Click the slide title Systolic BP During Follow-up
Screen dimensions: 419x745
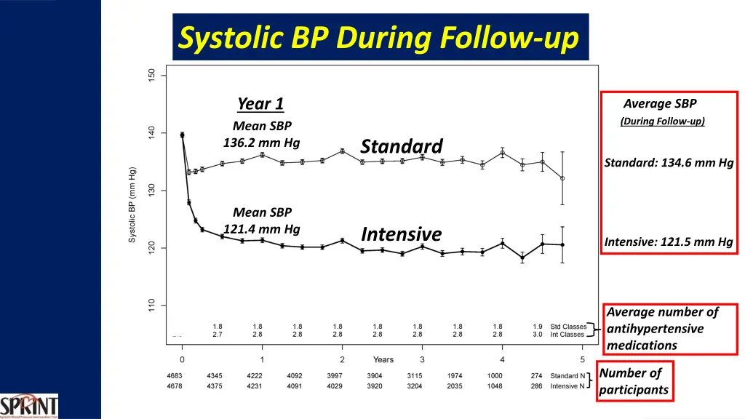coord(380,37)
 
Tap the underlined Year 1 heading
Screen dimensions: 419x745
coord(260,104)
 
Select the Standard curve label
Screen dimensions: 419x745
coord(402,146)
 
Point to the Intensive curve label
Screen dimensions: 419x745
coord(402,234)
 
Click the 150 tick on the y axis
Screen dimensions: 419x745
coord(151,75)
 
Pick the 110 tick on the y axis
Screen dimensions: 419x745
coord(151,306)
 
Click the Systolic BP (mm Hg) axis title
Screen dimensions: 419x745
coord(132,206)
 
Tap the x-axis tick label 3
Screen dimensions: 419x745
coord(422,359)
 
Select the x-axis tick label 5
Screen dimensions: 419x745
coord(582,359)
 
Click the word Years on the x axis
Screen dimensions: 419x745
coord(383,359)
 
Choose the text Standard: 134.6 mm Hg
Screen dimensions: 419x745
coord(669,163)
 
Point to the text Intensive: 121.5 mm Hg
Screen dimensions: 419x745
coord(669,242)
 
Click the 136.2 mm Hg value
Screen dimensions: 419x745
coord(261,143)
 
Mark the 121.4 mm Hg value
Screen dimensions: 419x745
coord(261,229)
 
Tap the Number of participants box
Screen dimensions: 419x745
coord(633,381)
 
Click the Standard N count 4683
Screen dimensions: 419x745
coord(175,376)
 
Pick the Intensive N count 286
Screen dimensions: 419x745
coord(536,386)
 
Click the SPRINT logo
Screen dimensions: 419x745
coord(29,406)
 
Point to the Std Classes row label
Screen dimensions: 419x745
coord(568,327)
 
